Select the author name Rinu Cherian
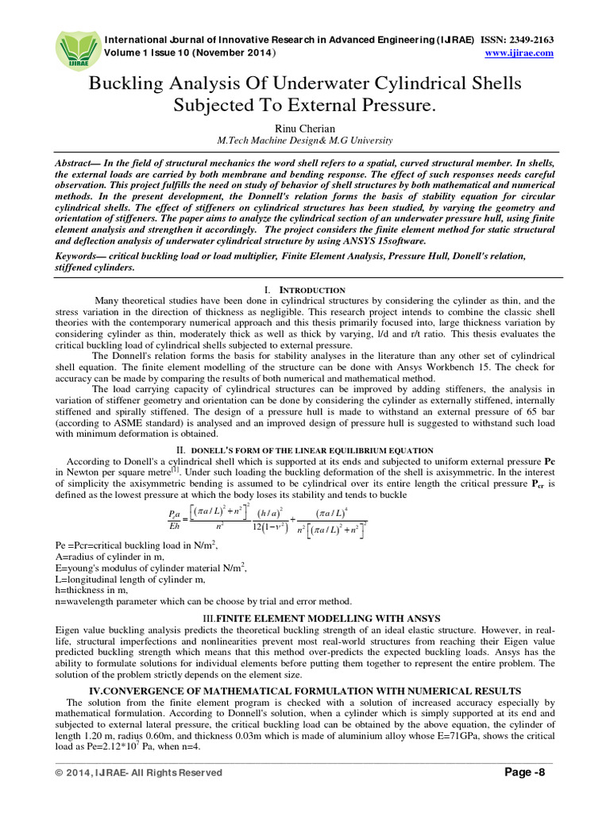pyautogui.click(x=305, y=127)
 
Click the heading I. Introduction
pyautogui.click(x=305, y=291)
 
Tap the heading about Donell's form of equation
pyautogui.click(x=305, y=450)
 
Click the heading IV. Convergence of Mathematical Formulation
pyautogui.click(x=305, y=691)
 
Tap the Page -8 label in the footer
pyautogui.click(x=527, y=773)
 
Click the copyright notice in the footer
pyautogui.click(x=139, y=773)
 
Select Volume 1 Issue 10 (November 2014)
pyautogui.click(x=191, y=53)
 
